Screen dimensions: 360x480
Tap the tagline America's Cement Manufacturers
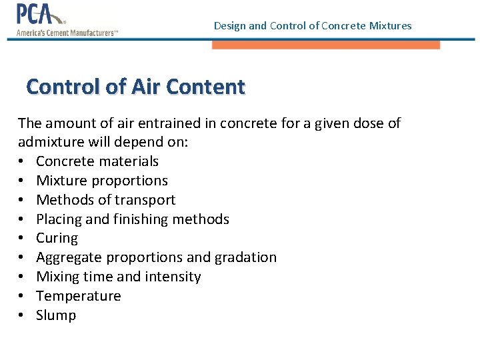[67, 33]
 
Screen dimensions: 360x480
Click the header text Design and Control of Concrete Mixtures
[313, 26]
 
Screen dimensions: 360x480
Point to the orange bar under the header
[326, 45]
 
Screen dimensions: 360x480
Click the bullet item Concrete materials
[97, 161]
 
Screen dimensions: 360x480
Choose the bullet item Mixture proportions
[102, 181]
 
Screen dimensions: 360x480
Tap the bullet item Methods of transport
[106, 200]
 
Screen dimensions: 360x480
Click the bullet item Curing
[57, 238]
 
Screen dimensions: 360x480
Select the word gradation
[243, 257]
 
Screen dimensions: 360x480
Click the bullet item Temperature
[79, 296]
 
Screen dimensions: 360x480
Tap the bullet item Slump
[56, 315]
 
